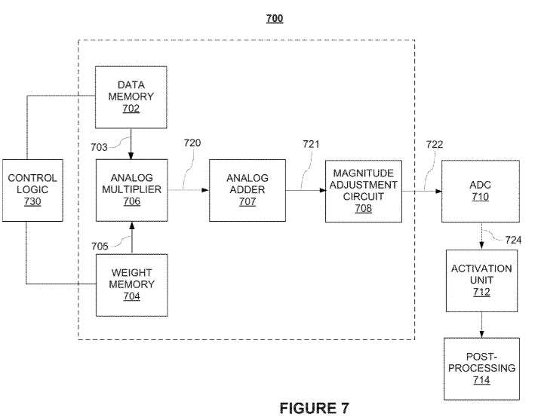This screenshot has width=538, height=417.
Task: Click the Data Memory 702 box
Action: coord(131,97)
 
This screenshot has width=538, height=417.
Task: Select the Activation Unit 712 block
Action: coord(481,281)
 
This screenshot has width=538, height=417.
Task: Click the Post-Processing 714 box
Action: coord(481,369)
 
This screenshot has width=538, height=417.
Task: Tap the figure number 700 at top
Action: coord(275,17)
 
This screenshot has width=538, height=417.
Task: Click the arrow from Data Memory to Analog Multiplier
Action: coord(131,143)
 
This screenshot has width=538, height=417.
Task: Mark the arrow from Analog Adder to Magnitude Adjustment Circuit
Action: coord(305,190)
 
